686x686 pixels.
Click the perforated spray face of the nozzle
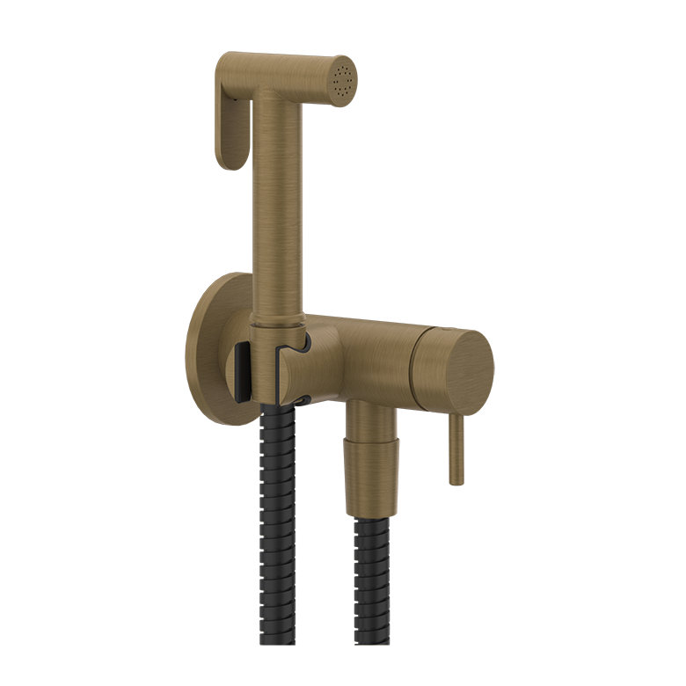343,81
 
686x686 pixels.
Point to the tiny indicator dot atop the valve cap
448,327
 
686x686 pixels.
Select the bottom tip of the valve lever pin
456,478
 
